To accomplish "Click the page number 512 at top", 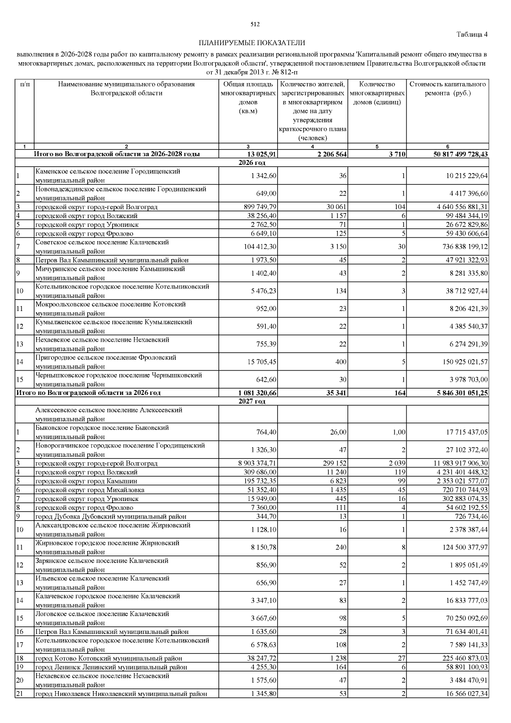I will click(255, 24).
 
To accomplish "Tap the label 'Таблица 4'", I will click(472, 34).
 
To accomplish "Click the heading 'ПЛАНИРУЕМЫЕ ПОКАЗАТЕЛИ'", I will click(252, 43).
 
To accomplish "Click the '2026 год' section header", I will click(252, 163).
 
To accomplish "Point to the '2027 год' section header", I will click(252, 401).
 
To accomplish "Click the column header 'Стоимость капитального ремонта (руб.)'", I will click(448, 89).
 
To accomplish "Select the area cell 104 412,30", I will click(259, 247).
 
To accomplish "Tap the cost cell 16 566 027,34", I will click(463, 694).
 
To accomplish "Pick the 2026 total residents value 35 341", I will click(336, 393).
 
